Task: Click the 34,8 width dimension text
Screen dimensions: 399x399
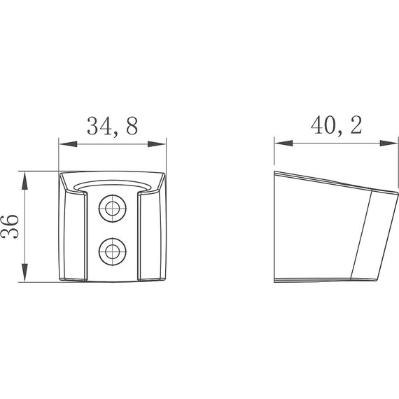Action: pyautogui.click(x=112, y=126)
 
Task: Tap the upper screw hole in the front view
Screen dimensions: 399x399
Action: pyautogui.click(x=111, y=206)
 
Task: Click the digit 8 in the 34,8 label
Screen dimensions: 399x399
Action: pyautogui.click(x=130, y=126)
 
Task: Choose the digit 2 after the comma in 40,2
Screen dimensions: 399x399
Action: pyautogui.click(x=356, y=126)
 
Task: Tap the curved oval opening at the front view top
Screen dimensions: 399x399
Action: pyautogui.click(x=112, y=185)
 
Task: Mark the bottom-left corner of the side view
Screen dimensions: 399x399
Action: pyautogui.click(x=274, y=280)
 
